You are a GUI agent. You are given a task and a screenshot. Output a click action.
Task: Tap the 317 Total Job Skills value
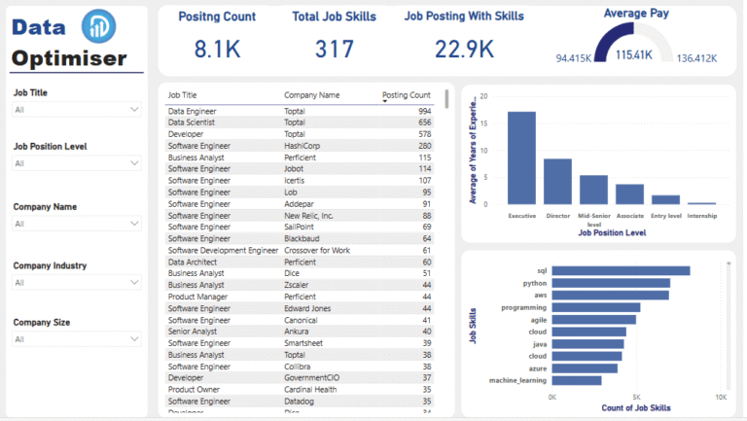click(x=335, y=49)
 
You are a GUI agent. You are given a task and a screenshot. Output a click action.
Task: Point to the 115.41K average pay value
click(x=634, y=55)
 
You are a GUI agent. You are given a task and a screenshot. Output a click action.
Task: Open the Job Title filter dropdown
click(x=77, y=110)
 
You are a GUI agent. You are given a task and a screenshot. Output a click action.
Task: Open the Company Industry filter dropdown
click(x=77, y=283)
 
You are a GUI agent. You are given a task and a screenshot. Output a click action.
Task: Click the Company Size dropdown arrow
click(x=134, y=339)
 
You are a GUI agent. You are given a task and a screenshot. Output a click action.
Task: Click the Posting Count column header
click(x=407, y=95)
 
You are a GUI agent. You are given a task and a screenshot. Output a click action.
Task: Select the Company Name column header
click(x=311, y=95)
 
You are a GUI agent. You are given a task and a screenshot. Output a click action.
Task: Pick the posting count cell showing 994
click(x=422, y=112)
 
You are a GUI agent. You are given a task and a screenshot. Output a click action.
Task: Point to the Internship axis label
click(x=701, y=215)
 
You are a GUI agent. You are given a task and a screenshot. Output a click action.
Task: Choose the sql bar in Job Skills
click(x=621, y=271)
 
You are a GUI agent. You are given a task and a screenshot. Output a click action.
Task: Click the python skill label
click(x=534, y=283)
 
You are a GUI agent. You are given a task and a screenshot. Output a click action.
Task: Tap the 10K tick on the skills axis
click(x=720, y=397)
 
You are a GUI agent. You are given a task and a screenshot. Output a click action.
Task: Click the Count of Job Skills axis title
click(x=635, y=407)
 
